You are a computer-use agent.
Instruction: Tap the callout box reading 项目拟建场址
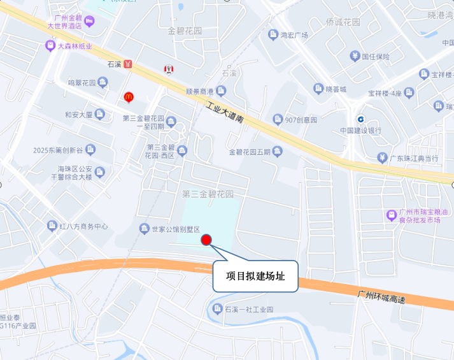(255, 277)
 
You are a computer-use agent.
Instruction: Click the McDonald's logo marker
(129, 97)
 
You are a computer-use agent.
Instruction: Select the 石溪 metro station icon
(128, 64)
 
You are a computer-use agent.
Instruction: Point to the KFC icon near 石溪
(169, 68)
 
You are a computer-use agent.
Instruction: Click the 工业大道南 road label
(225, 115)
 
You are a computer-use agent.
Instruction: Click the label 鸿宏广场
(294, 35)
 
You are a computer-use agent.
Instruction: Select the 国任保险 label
(376, 56)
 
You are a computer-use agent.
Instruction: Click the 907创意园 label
(301, 119)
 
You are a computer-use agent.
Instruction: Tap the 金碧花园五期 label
(250, 152)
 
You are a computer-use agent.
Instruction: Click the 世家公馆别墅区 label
(176, 229)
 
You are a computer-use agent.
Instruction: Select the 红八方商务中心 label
(83, 226)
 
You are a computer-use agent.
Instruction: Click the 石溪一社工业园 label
(248, 309)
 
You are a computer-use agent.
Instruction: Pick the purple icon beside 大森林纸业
(50, 46)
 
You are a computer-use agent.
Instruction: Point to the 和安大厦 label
(79, 115)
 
